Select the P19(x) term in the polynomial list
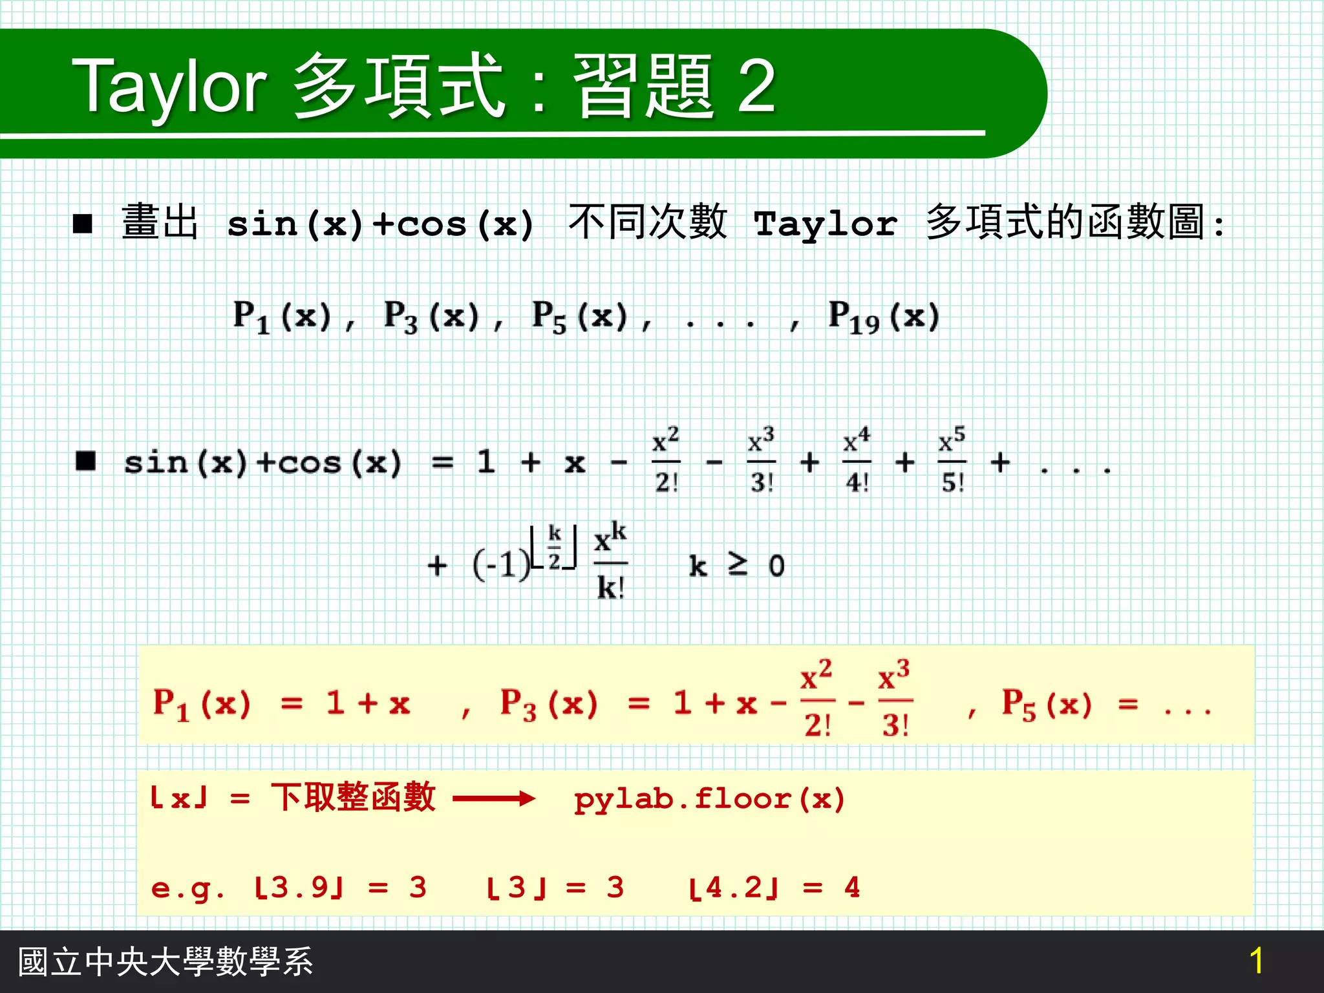coord(883,317)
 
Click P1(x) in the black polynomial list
coord(282,317)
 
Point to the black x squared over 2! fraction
coord(666,460)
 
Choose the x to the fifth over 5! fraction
coord(952,460)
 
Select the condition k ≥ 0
coord(736,566)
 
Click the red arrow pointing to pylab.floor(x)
coord(494,799)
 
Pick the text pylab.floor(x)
coord(709,799)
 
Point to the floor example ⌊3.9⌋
coord(298,888)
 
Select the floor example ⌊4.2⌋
coord(734,888)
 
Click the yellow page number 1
coord(1256,961)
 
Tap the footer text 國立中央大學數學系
coord(165,961)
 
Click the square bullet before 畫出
coord(83,224)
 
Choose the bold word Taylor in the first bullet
coord(826,224)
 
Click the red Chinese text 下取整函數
coord(353,797)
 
